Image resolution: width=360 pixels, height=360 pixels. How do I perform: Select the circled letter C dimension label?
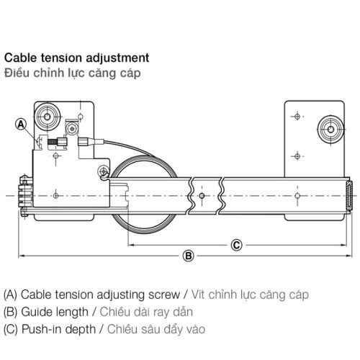235,243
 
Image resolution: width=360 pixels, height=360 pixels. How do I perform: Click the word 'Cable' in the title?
20,56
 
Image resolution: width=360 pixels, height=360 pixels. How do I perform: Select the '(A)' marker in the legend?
12,296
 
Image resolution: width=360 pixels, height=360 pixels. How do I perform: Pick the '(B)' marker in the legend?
12,313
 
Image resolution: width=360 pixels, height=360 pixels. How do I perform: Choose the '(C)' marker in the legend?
12,330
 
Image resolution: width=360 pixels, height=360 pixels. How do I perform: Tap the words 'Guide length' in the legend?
54,313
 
